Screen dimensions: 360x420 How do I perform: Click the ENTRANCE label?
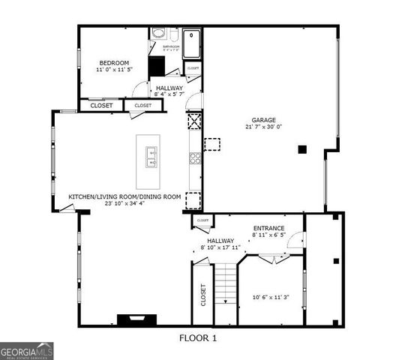click(268, 228)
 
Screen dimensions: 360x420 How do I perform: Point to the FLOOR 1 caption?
click(198, 338)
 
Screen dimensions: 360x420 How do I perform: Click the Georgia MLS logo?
click(27, 350)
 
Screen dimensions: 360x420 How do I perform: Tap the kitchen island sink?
click(151, 157)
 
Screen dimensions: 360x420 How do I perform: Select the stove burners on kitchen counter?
click(194, 157)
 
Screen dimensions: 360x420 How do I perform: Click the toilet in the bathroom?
click(159, 34)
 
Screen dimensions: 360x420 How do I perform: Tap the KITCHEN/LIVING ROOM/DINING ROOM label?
click(125, 196)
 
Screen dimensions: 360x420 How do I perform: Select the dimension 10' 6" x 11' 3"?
click(270, 298)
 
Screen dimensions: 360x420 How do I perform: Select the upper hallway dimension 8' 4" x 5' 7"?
click(169, 94)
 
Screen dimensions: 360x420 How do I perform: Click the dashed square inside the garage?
click(213, 143)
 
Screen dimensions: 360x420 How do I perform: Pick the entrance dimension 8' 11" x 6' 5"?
click(268, 235)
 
